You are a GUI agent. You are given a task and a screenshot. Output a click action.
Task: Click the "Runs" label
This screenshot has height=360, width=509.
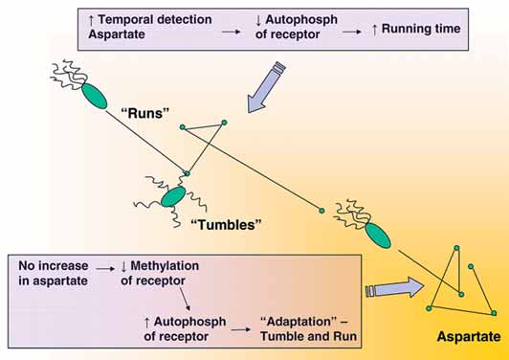(145, 113)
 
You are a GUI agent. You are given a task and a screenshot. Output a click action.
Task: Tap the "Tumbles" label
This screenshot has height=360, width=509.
(226, 224)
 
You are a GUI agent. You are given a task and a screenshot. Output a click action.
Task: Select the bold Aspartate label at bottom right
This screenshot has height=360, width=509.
(469, 337)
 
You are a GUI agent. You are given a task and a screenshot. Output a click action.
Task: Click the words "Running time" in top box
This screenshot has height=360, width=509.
(421, 29)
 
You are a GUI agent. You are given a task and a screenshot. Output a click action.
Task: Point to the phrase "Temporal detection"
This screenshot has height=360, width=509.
(155, 19)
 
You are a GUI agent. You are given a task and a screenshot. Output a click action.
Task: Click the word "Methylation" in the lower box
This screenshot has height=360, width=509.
(165, 266)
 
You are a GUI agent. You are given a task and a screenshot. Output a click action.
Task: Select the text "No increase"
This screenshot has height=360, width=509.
(54, 266)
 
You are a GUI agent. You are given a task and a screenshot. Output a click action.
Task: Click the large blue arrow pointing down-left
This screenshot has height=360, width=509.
(266, 88)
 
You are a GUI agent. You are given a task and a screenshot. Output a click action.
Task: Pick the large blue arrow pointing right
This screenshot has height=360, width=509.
(394, 287)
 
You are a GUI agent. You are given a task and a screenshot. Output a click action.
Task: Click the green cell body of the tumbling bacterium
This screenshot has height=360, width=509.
(173, 196)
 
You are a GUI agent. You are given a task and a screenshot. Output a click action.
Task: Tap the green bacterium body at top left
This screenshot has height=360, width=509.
(94, 96)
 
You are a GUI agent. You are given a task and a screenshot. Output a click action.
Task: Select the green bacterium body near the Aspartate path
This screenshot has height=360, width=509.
(378, 236)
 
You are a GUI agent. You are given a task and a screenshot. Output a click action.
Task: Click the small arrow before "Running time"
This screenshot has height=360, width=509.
(352, 32)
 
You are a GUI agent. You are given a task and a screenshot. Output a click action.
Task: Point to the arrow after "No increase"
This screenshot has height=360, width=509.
(105, 269)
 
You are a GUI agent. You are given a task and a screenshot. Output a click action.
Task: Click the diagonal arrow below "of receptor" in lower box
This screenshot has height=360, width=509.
(185, 299)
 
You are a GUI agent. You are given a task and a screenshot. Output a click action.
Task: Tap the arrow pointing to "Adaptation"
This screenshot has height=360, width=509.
(241, 329)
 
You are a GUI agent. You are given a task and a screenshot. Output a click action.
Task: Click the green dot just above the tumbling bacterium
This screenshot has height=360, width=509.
(187, 174)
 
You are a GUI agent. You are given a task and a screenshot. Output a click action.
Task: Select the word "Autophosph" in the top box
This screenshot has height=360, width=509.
(301, 20)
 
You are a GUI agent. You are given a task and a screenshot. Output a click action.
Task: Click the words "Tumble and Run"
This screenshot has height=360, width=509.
(308, 336)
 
